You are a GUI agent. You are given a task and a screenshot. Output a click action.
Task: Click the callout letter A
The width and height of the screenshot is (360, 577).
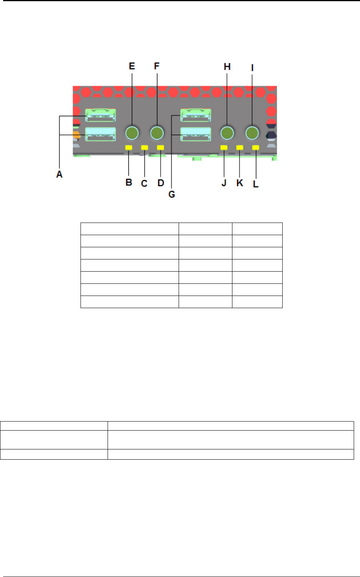pos(59,174)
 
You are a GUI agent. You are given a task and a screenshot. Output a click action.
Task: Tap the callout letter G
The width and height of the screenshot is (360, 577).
pos(172,194)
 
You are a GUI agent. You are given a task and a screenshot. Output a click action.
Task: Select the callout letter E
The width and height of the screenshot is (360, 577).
pos(132,66)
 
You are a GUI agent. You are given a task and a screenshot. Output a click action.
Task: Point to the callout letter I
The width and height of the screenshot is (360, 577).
pos(252,68)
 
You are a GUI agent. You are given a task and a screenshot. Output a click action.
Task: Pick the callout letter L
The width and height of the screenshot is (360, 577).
pos(256,184)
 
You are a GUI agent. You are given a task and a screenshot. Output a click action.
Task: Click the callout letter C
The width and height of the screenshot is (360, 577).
pos(144,183)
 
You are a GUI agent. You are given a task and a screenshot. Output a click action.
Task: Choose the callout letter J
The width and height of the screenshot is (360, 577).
pos(224,183)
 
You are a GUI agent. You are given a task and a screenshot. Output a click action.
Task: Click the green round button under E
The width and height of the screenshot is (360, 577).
pos(132,133)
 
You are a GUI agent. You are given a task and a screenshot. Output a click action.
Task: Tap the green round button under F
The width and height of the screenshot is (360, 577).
pos(157,133)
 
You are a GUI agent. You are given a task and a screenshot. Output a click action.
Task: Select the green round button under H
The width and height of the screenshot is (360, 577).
pos(227,133)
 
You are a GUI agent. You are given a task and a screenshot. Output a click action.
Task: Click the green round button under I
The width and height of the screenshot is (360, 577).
pos(252,133)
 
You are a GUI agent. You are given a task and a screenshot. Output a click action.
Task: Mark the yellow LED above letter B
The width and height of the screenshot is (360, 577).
pos(129,148)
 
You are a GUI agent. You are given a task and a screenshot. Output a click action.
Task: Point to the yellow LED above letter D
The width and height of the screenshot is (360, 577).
pos(160,148)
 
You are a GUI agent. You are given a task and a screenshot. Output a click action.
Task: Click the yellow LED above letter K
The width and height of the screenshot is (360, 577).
pos(239,148)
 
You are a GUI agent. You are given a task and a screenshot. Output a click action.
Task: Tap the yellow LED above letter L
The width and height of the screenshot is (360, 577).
pos(256,148)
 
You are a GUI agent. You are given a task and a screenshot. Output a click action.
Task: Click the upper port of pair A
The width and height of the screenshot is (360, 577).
pos(101,115)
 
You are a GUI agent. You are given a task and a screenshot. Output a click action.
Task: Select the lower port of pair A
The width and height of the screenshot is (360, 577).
pos(101,134)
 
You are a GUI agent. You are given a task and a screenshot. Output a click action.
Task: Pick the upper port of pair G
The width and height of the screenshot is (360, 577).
pos(196,115)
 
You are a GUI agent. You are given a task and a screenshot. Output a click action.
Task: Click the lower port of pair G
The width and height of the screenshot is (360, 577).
pos(196,134)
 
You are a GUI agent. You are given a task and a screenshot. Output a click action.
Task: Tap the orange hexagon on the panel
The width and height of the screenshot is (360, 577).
pos(76,135)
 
